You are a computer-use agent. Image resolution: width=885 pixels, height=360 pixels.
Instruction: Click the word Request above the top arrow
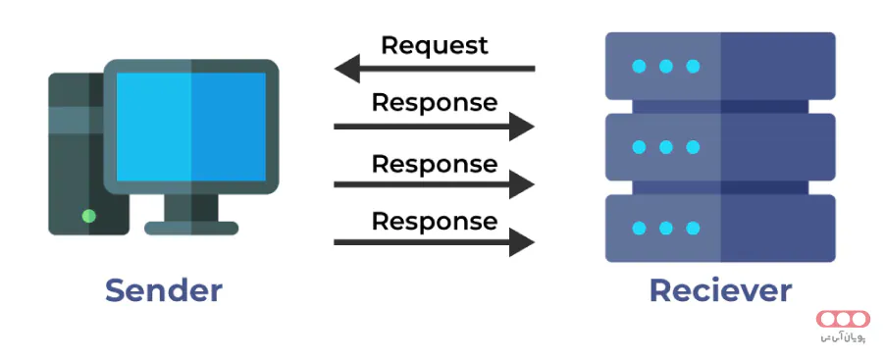pos(434,45)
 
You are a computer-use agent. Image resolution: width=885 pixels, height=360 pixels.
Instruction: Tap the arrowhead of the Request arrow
pos(346,69)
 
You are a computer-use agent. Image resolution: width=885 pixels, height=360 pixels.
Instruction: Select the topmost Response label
pos(434,102)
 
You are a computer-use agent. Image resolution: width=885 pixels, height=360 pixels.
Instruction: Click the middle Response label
pos(434,162)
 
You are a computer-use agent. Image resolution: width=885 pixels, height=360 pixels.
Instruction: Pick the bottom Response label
pos(434,221)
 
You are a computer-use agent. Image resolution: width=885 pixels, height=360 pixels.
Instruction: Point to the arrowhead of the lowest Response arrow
pos(522,242)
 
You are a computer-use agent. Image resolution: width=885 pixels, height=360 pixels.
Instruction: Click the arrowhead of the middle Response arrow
pos(522,183)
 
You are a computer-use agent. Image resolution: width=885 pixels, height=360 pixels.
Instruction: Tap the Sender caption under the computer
pos(164,290)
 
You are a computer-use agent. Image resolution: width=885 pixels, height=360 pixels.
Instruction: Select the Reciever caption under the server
pos(719,290)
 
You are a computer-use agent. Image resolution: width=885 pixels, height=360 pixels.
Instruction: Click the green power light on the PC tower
pos(89,216)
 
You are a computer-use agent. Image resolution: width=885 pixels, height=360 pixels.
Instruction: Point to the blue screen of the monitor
pos(191,125)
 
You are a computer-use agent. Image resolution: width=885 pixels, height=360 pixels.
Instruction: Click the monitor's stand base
pos(191,228)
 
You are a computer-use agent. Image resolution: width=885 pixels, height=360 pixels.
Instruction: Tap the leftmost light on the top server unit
pos(640,67)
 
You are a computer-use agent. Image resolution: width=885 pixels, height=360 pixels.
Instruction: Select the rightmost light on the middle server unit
pos(693,147)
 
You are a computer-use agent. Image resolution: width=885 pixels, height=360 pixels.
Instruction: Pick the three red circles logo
pos(844,320)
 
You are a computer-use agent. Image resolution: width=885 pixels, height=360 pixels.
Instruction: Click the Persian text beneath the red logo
pos(844,339)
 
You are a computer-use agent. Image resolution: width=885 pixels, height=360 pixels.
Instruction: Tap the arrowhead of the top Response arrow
pos(522,126)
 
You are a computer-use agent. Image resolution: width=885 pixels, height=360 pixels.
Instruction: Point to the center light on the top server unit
pos(666,67)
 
